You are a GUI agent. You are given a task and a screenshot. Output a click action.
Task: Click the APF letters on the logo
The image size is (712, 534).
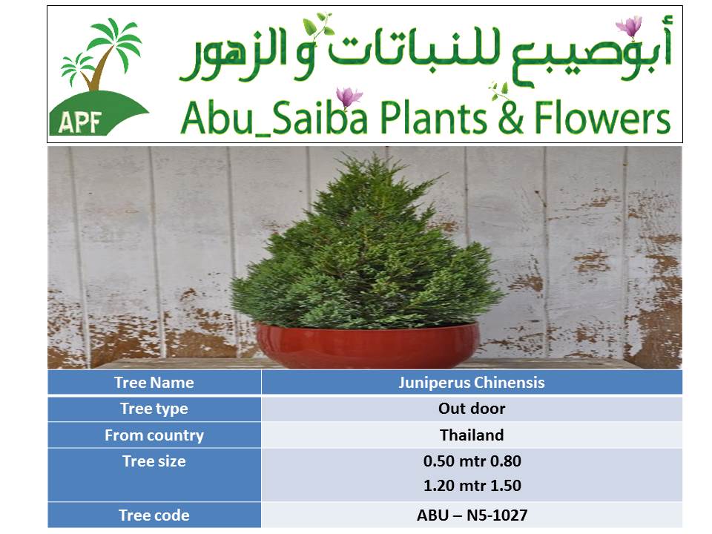point(79,122)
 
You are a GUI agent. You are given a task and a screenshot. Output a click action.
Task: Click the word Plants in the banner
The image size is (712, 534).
point(433,118)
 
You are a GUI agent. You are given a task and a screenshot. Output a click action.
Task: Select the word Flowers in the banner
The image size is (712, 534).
point(602,118)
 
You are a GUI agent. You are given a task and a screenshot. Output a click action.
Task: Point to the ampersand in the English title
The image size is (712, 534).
point(511,117)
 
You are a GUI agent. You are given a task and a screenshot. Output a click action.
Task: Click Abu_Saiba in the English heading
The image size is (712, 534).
point(274,118)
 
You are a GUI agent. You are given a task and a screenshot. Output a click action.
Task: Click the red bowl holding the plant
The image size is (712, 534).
point(367,345)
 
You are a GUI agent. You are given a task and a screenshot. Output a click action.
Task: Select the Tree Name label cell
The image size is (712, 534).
point(154,383)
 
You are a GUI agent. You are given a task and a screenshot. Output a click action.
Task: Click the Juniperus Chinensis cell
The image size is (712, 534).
point(472,383)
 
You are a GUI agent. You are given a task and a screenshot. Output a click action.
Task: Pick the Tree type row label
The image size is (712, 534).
point(154,409)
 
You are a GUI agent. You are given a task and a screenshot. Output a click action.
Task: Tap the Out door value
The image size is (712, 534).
point(472,409)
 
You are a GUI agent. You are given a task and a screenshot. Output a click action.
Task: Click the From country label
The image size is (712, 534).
point(154,435)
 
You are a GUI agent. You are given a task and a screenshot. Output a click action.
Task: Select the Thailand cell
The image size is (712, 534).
point(472,435)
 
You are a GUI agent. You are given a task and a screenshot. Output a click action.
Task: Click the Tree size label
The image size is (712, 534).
point(154,461)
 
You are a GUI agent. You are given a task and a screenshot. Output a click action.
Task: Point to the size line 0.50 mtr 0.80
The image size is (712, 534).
point(472,461)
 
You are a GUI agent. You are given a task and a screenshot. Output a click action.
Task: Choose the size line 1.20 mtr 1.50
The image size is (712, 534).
point(472,486)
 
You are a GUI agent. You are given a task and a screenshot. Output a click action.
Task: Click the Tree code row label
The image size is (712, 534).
point(154,515)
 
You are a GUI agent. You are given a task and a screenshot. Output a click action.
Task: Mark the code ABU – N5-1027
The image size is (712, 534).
point(472,515)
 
